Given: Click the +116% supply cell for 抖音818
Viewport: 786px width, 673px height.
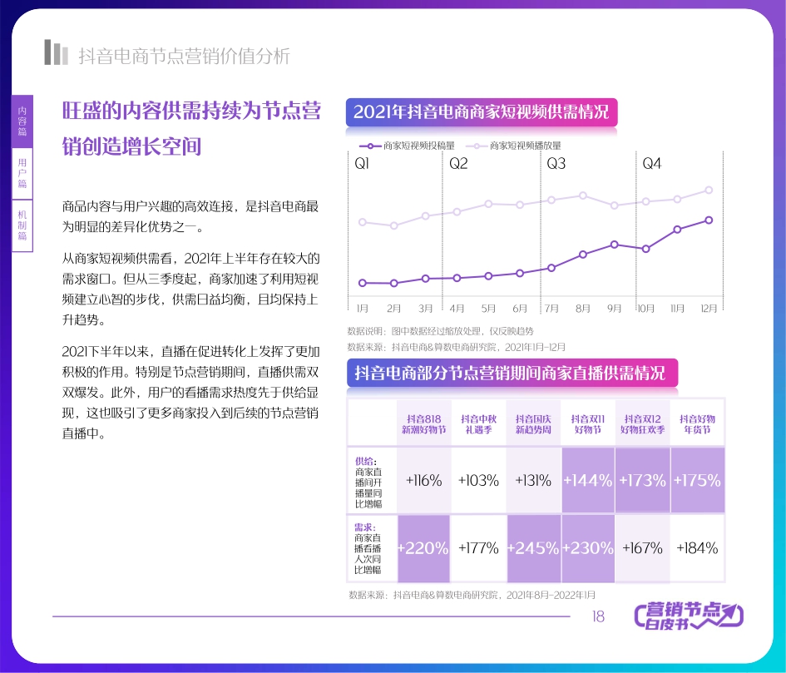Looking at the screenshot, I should (423, 481).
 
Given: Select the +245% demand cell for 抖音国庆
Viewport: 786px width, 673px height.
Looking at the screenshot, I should (533, 548).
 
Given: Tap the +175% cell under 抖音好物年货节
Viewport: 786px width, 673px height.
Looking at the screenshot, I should (697, 481).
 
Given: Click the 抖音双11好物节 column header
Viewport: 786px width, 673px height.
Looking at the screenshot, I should (586, 424).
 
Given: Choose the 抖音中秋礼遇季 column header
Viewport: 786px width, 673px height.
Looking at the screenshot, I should (478, 424).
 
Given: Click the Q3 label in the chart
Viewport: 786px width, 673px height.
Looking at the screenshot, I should (556, 164).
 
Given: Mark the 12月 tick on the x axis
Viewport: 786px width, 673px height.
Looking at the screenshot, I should (709, 308).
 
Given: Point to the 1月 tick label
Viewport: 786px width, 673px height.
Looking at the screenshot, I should (363, 308).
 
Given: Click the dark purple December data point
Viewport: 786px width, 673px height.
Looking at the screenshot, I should (709, 220).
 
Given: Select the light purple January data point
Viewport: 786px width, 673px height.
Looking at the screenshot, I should (362, 222).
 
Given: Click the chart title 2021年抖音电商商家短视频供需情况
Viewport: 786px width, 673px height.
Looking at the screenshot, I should (482, 112).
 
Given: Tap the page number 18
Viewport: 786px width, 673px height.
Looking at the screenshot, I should (597, 616).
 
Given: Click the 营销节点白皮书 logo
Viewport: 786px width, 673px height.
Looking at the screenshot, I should (689, 616).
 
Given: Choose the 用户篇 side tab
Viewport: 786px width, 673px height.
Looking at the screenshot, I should (22, 173).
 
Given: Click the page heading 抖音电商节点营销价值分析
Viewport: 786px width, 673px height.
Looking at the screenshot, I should (184, 56).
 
